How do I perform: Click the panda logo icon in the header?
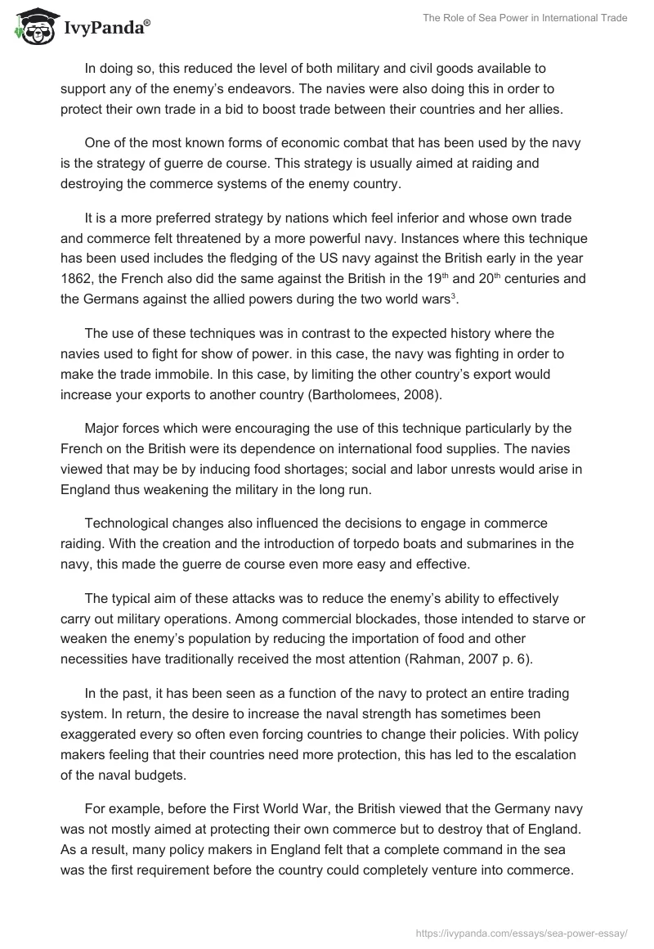31,26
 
